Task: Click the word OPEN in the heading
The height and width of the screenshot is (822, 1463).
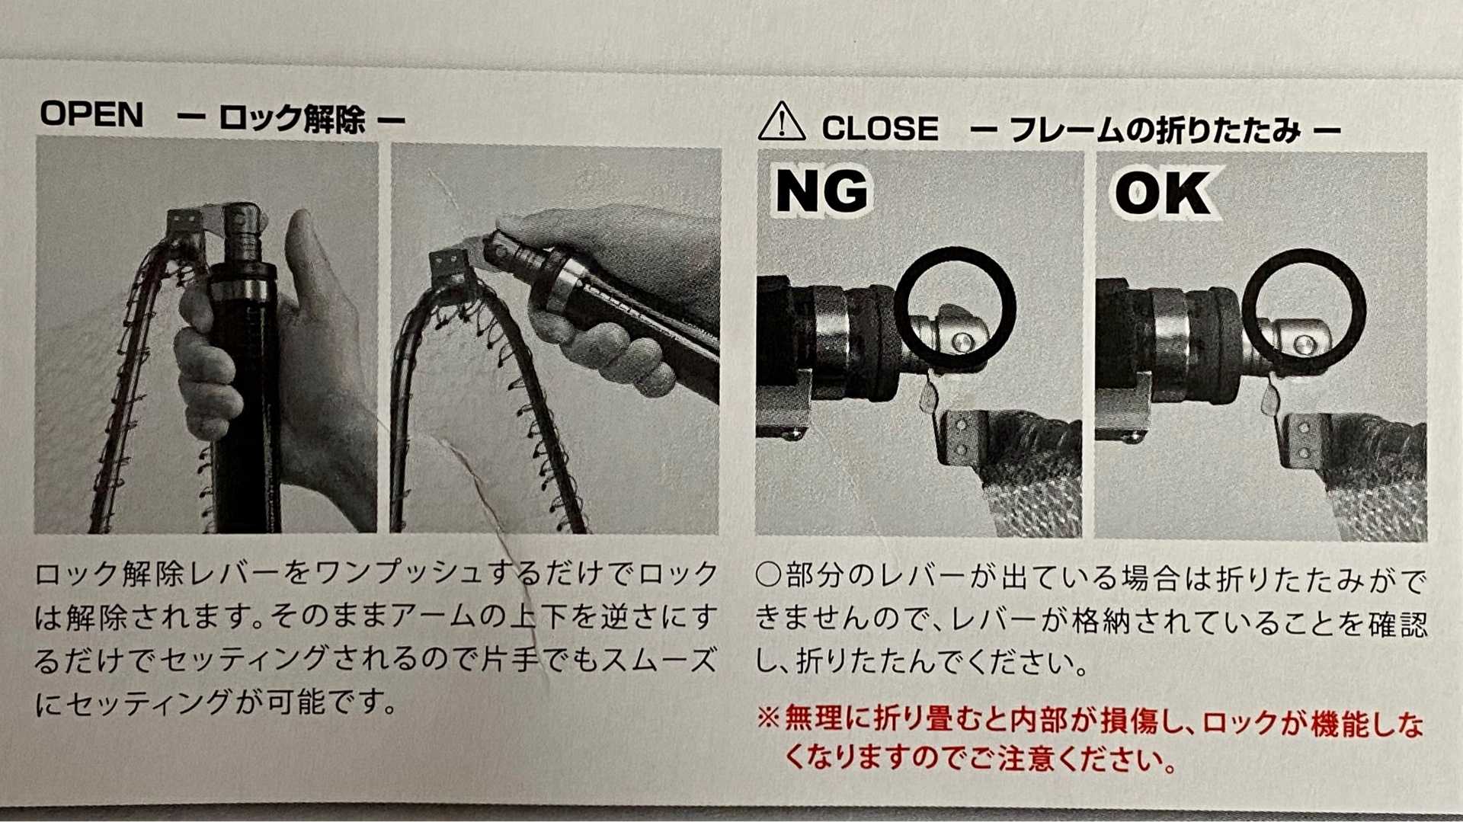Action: pos(91,115)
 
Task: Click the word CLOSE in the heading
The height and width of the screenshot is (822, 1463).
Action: pos(880,129)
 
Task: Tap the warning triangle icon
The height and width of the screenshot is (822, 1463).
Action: pos(781,123)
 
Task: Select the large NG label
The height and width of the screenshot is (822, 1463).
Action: pos(821,192)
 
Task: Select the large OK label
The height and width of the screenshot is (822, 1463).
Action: pos(1163,194)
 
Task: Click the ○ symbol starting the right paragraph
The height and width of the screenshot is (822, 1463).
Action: pos(768,576)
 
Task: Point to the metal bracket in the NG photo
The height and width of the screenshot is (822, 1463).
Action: pos(959,437)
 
